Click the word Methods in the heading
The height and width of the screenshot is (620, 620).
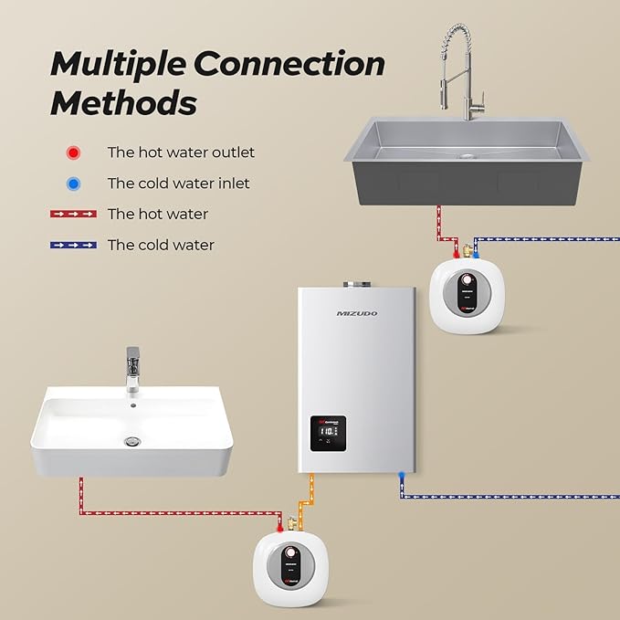tap(123, 102)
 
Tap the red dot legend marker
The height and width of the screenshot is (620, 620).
tap(73, 152)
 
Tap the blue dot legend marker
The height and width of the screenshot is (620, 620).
tap(73, 184)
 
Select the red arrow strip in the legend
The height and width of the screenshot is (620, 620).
tap(73, 214)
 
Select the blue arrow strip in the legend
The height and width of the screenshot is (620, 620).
tap(73, 245)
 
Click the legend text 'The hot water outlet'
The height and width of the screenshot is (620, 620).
tap(181, 152)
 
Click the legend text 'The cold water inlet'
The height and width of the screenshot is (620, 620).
tap(178, 184)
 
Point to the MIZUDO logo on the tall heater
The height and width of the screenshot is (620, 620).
tap(355, 313)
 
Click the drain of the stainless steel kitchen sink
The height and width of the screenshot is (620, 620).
tap(468, 155)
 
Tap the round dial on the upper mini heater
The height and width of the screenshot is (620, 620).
tap(466, 279)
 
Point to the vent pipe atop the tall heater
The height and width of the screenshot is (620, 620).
tap(355, 284)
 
